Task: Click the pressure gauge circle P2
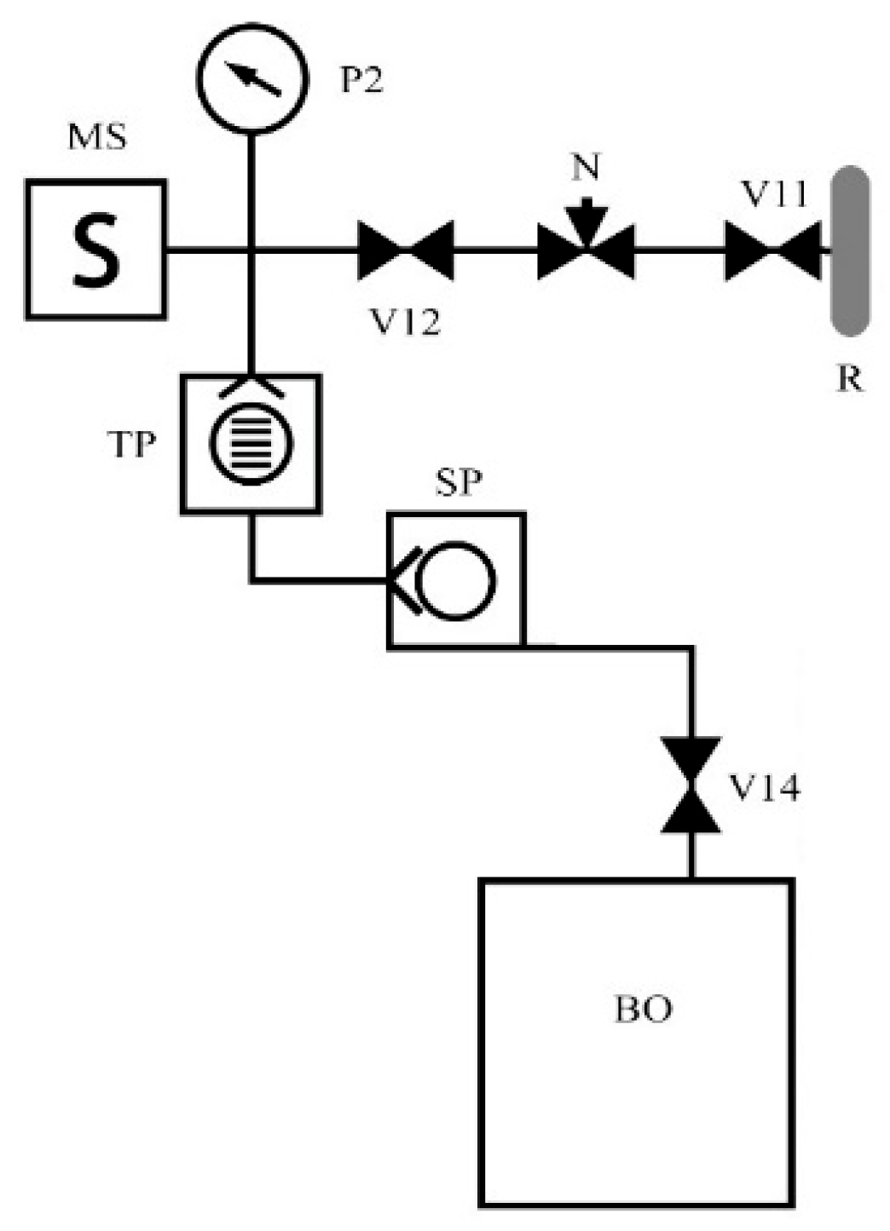pos(251,78)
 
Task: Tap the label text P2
pos(362,79)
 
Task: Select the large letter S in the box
pos(95,250)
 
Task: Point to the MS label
pos(97,136)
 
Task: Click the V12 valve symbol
pos(405,250)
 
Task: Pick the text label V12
pos(405,321)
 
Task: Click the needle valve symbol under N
pos(586,250)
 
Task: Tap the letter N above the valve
pos(586,168)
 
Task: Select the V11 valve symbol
pos(772,250)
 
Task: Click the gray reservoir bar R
pos(850,250)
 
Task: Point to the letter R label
pos(849,378)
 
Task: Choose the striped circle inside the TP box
pos(251,443)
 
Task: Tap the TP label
pos(132,444)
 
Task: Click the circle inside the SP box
pos(457,580)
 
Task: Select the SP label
pos(459,483)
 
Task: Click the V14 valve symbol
pos(691,785)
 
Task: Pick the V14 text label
pos(764,789)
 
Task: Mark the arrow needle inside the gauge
pos(257,79)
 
